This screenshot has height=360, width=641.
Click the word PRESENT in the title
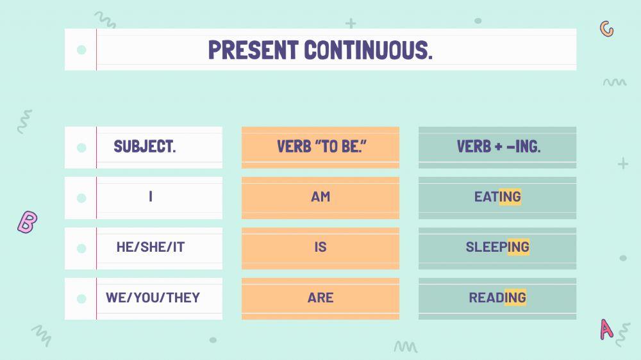(x=253, y=50)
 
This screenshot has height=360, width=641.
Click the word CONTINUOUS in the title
(x=368, y=50)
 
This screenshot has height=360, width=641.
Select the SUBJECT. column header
(x=145, y=146)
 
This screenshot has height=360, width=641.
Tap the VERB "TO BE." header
(x=321, y=146)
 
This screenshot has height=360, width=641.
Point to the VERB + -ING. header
(x=498, y=146)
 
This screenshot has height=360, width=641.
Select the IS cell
(x=320, y=247)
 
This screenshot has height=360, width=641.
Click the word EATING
(x=497, y=197)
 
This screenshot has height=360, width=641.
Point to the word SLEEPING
(x=497, y=247)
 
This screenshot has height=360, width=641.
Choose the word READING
(x=497, y=297)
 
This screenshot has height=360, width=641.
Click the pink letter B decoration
(x=28, y=222)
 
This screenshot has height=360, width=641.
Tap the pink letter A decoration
(x=606, y=329)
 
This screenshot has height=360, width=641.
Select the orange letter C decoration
(x=606, y=29)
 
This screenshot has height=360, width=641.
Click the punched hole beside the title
(x=81, y=50)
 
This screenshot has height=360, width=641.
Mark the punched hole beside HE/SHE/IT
(x=81, y=249)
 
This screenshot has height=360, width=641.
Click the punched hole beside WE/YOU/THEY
(x=81, y=299)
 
